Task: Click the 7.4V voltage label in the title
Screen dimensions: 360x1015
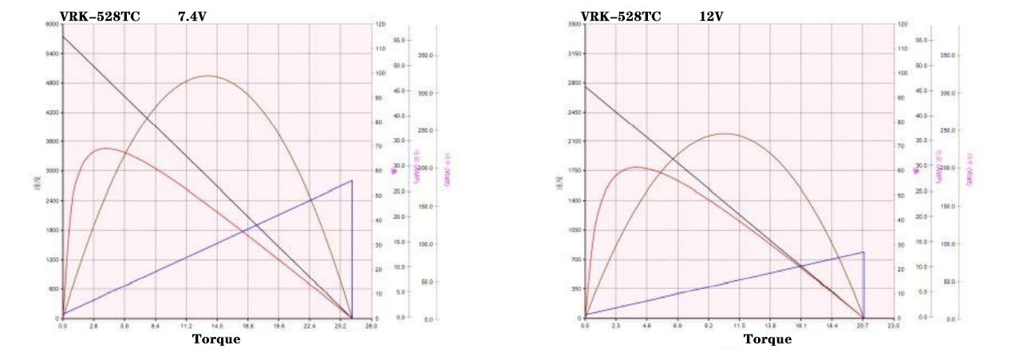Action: coord(192,16)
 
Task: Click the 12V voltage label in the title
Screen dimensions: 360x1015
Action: coord(711,16)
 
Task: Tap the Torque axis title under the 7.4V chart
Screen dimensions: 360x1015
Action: coord(216,339)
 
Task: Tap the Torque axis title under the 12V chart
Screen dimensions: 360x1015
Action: coord(768,339)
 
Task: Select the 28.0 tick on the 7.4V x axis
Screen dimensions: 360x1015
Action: coord(371,326)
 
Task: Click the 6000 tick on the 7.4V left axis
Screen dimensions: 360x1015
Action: coord(51,25)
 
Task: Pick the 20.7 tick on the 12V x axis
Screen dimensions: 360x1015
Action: coord(863,326)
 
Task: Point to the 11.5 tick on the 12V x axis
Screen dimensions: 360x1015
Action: coord(740,326)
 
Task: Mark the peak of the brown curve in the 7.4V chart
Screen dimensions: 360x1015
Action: coord(207,76)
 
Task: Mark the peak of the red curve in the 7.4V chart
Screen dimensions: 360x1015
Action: coord(105,148)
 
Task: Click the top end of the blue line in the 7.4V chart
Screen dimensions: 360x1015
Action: coord(352,180)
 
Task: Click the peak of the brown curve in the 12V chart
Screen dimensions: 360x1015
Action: coord(725,133)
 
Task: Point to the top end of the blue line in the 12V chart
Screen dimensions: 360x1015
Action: coord(863,252)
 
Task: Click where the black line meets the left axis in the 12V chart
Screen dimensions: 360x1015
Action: coord(585,85)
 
